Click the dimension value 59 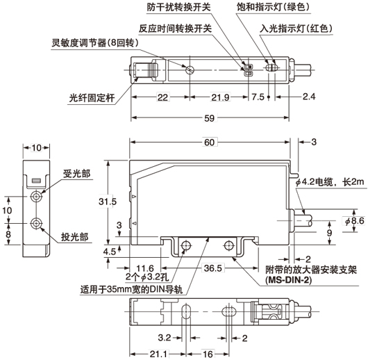pos(208,119)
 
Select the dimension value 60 pos(208,142)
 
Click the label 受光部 pos(76,173)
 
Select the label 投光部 pos(76,236)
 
